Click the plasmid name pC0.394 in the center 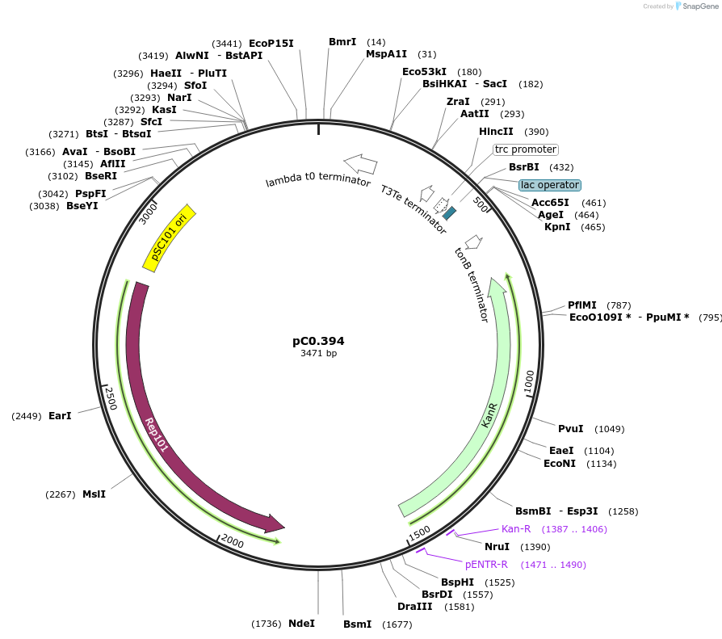click(x=318, y=341)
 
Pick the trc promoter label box click(x=526, y=149)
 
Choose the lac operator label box click(x=549, y=185)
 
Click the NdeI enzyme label click(x=301, y=623)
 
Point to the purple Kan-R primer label click(x=516, y=529)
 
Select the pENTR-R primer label click(x=486, y=565)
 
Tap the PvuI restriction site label click(x=570, y=428)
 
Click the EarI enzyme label click(x=60, y=415)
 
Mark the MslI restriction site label click(x=94, y=494)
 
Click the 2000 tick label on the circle click(x=233, y=540)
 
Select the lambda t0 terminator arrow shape click(x=360, y=164)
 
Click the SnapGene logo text click(x=699, y=6)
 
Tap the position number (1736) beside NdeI click(x=266, y=624)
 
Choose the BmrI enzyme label click(x=342, y=42)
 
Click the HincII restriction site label click(x=496, y=132)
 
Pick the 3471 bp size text click(x=318, y=354)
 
